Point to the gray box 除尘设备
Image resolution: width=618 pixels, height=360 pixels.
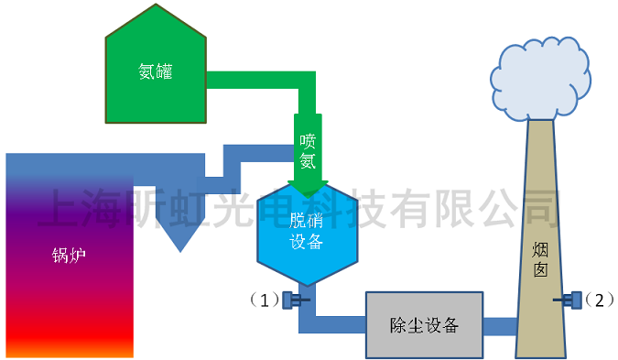pyautogui.click(x=424, y=325)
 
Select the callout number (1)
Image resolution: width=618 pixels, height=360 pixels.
pyautogui.click(x=263, y=300)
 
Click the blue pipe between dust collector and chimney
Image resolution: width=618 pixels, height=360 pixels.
pyautogui.click(x=500, y=325)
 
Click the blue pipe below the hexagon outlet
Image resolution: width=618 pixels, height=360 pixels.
pyautogui.click(x=308, y=311)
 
